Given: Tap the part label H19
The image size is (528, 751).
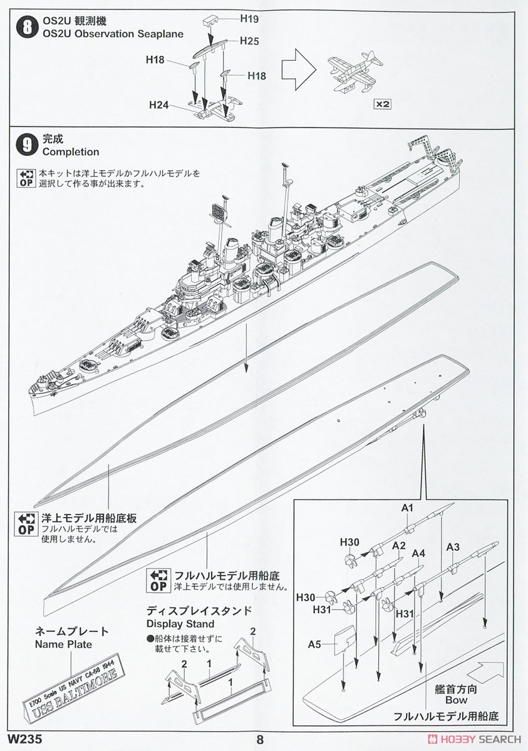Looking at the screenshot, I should [x=249, y=19].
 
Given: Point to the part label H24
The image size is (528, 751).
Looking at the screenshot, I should [x=159, y=105].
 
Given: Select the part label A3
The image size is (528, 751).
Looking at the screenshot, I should [x=453, y=548].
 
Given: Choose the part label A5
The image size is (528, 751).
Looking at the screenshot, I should [x=315, y=644].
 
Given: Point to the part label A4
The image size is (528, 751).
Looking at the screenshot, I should [x=419, y=553].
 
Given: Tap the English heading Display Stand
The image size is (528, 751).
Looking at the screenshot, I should [x=180, y=624].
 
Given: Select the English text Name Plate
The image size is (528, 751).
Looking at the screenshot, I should [x=63, y=644].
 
